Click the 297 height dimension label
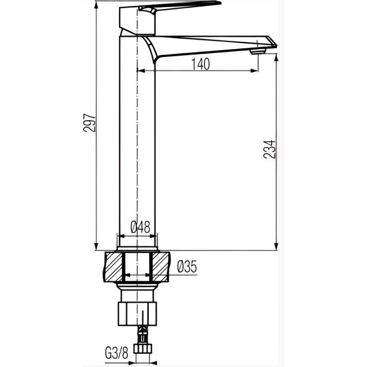90,123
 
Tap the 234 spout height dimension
269,150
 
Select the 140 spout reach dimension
201,64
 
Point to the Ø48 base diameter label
140,227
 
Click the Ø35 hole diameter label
187,267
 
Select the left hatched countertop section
113,267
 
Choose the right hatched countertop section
160,267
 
